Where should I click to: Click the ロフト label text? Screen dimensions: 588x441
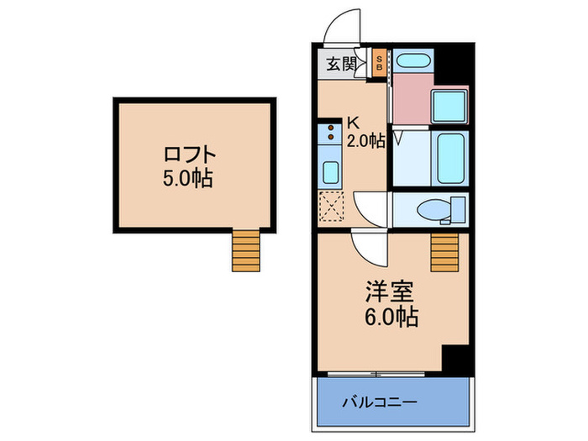pos(190,155)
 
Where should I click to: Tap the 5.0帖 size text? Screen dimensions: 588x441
pos(188,178)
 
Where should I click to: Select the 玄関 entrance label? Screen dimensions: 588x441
pos(340,64)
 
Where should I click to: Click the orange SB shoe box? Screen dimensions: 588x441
pos(379,63)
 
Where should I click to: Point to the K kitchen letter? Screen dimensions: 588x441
pos(354,123)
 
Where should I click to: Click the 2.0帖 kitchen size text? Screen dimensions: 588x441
pos(365,141)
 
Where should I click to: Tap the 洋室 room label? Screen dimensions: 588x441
pos(390,291)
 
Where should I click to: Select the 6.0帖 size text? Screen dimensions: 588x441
pos(391,318)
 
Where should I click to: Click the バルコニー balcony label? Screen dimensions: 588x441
pos(380,402)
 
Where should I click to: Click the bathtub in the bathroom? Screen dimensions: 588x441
pos(450,158)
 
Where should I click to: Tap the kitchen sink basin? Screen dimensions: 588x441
pos(331,172)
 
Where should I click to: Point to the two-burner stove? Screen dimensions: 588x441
pos(330,133)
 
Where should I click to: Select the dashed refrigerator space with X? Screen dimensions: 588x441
pos(331,206)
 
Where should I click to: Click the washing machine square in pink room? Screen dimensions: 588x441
pos(449,107)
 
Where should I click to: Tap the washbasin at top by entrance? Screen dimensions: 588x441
pos(413,60)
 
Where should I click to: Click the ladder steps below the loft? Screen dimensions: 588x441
pos(245,250)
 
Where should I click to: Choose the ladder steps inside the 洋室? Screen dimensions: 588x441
pos(444,252)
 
